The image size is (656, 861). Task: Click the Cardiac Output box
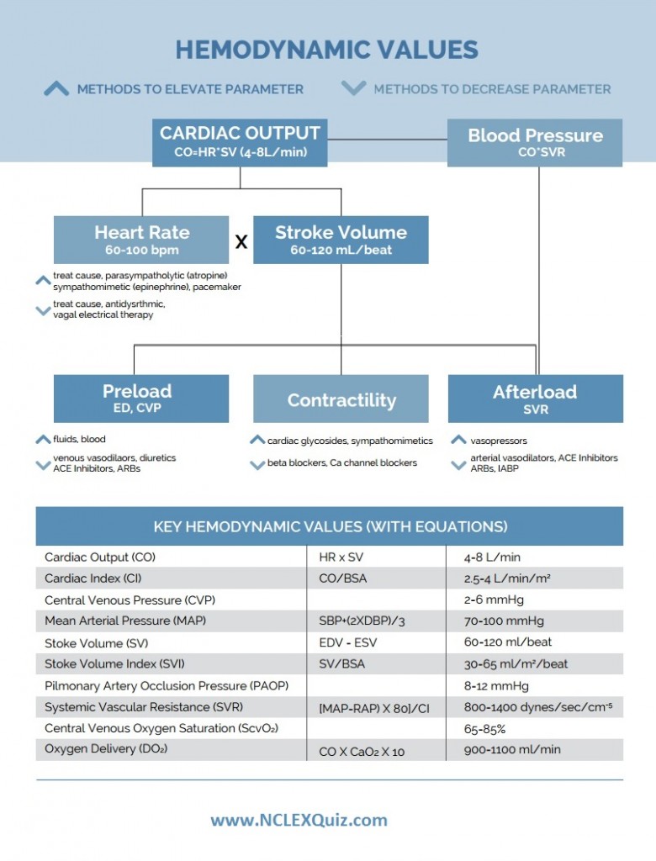(240, 143)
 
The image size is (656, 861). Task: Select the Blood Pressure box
(535, 143)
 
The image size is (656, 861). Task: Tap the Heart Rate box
(141, 240)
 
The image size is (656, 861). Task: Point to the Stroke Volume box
(341, 240)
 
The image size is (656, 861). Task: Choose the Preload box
(141, 399)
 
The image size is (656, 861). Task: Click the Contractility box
(341, 399)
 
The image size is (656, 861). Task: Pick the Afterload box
(536, 399)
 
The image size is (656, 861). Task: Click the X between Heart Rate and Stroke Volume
(241, 241)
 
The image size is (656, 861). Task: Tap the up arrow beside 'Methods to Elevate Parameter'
(56, 88)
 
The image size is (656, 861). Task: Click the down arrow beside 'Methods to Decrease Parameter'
(353, 87)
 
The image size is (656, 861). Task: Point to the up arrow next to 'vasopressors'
(458, 440)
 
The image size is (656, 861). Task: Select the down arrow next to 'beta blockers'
(257, 465)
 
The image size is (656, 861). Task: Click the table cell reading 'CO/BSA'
(343, 578)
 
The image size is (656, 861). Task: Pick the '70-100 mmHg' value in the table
(504, 621)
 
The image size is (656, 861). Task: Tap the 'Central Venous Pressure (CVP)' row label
(130, 600)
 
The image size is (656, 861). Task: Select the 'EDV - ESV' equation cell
(348, 642)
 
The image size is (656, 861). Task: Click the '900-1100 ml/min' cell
(512, 749)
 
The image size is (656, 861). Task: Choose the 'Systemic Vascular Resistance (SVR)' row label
(144, 707)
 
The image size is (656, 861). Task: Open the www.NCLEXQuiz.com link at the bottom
(299, 821)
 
